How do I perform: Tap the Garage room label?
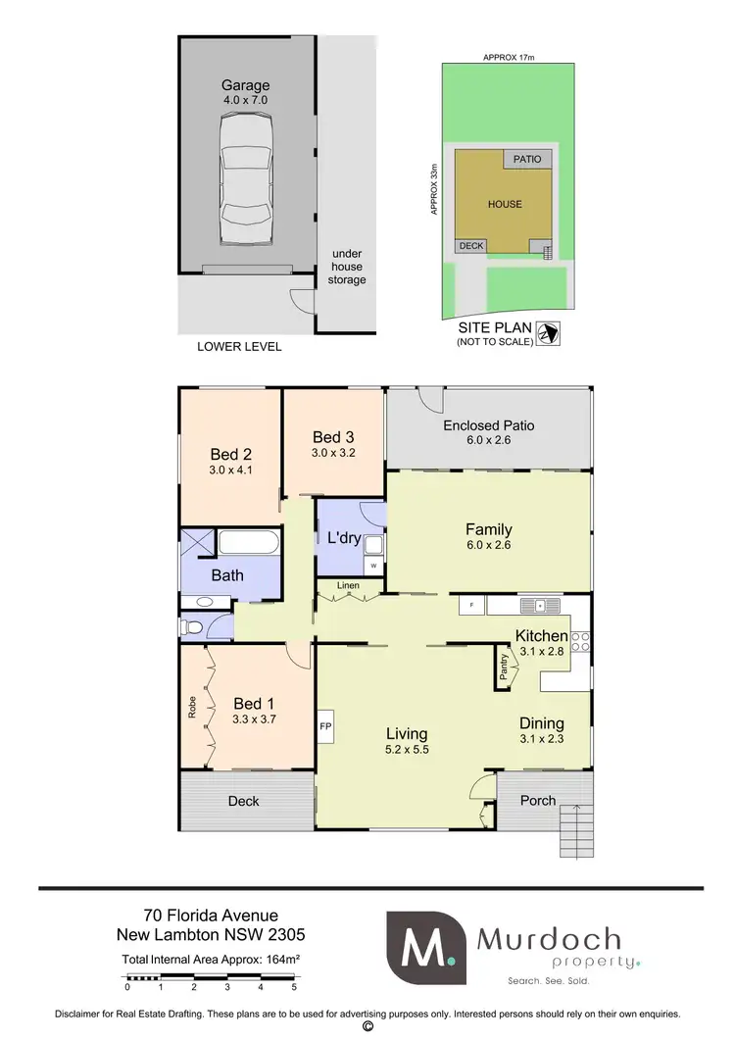pos(246,85)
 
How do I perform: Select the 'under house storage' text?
pos(347,266)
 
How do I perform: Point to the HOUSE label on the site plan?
pos(505,204)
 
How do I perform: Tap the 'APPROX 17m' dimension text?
pos(508,57)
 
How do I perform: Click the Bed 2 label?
pos(231,454)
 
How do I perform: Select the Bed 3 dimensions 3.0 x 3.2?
pos(333,453)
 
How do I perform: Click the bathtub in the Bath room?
pos(249,542)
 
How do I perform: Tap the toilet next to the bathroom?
pos(190,627)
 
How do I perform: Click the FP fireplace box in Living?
pos(326,726)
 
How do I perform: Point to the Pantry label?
pos(505,669)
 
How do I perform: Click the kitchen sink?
pos(538,606)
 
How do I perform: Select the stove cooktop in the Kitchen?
pos(581,640)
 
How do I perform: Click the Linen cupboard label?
pos(348,586)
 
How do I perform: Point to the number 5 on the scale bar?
pos(294,988)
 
